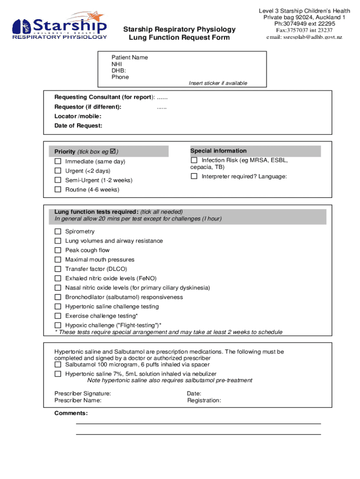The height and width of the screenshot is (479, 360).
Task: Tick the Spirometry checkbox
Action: click(58, 232)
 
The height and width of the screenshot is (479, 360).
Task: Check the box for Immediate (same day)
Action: click(58, 161)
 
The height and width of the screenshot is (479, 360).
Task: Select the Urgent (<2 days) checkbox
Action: click(58, 171)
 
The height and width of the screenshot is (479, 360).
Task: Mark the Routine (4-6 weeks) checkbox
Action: click(58, 189)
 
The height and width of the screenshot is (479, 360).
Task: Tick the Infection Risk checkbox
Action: click(194, 160)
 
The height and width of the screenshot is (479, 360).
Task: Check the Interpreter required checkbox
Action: click(194, 176)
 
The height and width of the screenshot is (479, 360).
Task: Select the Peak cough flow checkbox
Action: click(58, 250)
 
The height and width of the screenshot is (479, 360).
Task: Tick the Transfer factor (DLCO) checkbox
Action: click(58, 269)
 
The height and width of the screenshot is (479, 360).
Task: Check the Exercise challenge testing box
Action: click(58, 316)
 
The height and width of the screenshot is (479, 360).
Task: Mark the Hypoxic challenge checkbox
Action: click(58, 325)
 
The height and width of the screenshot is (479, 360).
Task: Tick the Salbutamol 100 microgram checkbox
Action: click(58, 364)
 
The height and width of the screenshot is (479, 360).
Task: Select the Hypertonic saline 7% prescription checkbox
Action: click(58, 374)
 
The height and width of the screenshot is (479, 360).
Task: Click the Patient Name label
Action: click(130, 58)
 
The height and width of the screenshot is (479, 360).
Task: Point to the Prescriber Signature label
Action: click(83, 393)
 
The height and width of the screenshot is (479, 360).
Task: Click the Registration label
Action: click(204, 400)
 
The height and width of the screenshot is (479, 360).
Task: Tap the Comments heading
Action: click(71, 413)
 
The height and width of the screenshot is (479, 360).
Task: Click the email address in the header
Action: click(304, 37)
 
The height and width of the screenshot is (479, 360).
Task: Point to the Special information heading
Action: click(218, 151)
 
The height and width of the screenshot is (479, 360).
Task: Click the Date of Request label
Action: click(79, 125)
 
